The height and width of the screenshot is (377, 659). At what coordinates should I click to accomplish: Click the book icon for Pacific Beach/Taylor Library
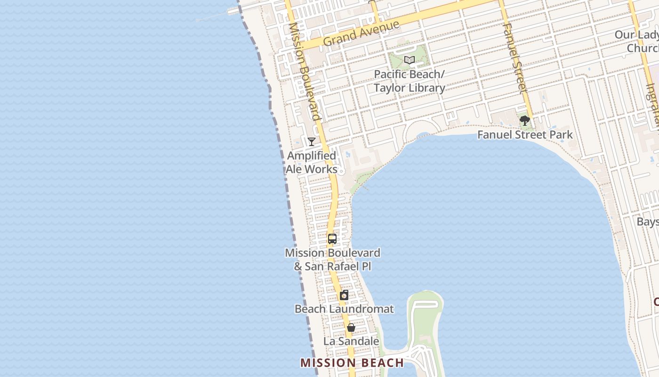point(410,60)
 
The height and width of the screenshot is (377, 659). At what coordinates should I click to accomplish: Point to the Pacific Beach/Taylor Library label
point(410,81)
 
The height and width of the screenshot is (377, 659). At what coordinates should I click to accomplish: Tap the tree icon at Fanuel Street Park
point(524,121)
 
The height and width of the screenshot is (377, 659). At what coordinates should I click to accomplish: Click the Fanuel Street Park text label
point(525,135)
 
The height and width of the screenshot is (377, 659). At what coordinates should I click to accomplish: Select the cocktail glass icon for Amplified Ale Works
point(311,141)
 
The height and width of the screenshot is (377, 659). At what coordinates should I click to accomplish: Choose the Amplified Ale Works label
point(312,162)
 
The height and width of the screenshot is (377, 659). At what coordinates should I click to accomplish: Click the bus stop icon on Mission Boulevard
point(332,239)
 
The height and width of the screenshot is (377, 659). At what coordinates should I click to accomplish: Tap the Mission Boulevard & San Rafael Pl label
point(332,259)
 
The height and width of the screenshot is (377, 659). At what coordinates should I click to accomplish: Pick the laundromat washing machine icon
point(344,295)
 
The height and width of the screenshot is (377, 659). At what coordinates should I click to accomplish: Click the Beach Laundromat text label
point(344,309)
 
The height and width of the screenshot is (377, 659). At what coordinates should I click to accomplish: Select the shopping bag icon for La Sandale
point(351,328)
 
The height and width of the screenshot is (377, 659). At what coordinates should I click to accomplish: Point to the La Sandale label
point(351,341)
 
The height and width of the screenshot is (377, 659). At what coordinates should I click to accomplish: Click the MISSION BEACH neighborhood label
point(352,363)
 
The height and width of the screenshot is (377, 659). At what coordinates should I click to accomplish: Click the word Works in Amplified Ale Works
point(325,169)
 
